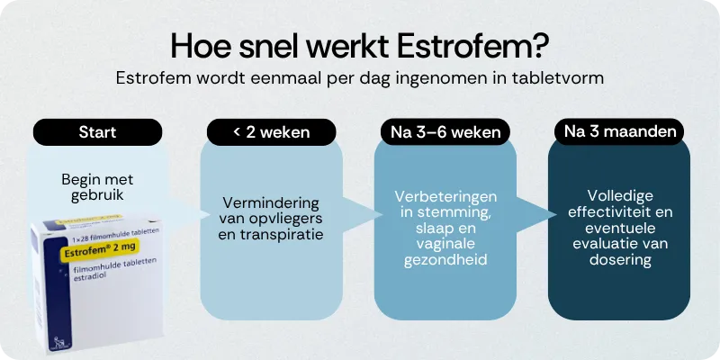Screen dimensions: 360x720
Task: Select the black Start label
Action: tap(98, 132)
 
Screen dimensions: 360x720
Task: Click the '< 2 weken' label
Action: tap(271, 132)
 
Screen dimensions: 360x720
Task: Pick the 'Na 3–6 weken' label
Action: tap(445, 132)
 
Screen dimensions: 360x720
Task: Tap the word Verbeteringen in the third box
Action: tap(445, 195)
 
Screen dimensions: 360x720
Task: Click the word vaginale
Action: tap(445, 244)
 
